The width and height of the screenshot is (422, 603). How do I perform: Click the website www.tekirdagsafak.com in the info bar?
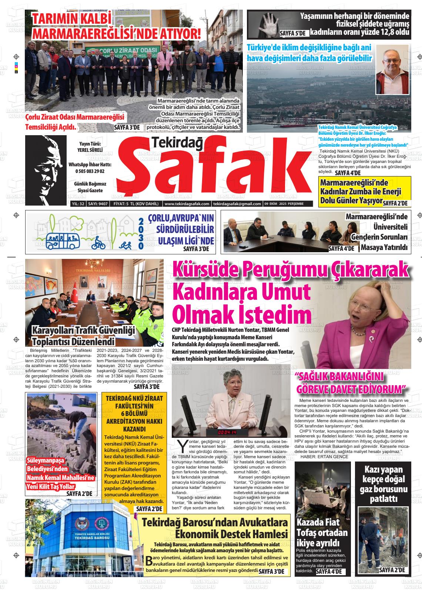point(187,204)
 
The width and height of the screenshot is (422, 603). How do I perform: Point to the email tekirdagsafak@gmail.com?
point(237,204)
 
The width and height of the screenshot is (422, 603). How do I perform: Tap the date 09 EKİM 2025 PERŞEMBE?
point(284,204)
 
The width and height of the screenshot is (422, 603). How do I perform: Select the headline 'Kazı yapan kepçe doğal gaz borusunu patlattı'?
point(383,484)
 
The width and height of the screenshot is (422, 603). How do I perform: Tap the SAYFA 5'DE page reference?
point(293,33)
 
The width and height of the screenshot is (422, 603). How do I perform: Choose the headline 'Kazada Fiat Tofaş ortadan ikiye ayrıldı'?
point(322,533)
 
